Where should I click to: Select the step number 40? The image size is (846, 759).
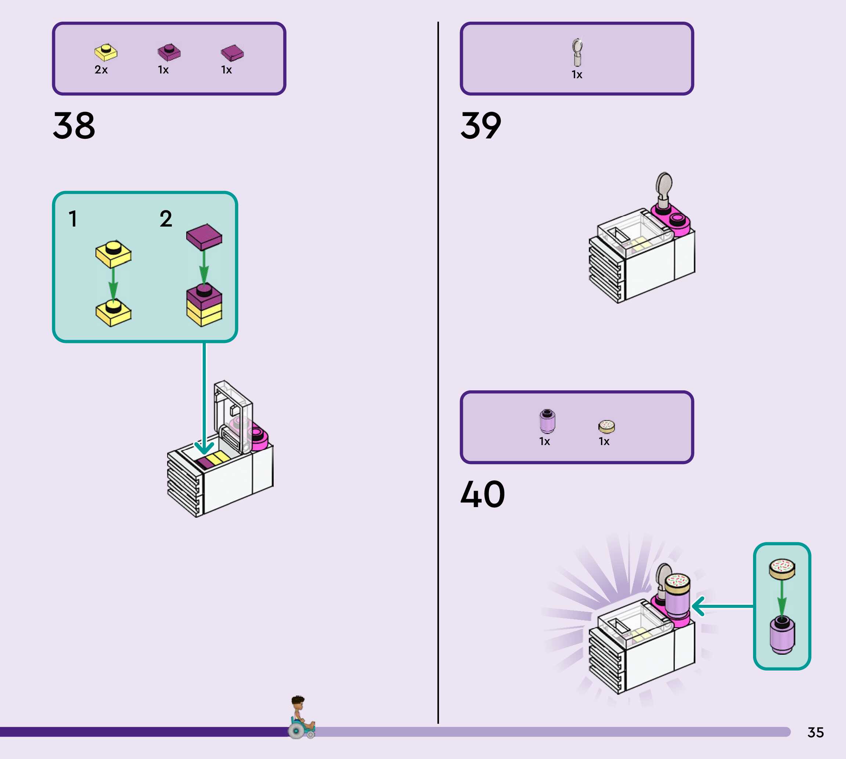pyautogui.click(x=482, y=494)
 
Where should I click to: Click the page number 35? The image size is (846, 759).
pyautogui.click(x=816, y=732)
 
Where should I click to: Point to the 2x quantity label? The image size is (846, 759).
pyautogui.click(x=101, y=70)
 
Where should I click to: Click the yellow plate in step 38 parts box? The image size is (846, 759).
pyautogui.click(x=105, y=52)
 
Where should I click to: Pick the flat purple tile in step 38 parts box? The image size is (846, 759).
pyautogui.click(x=232, y=53)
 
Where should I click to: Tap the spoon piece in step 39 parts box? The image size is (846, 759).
pyautogui.click(x=577, y=53)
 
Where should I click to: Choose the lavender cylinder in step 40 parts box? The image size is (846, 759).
pyautogui.click(x=547, y=421)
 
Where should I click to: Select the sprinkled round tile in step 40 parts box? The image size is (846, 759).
pyautogui.click(x=606, y=426)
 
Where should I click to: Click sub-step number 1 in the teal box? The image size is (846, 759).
pyautogui.click(x=73, y=218)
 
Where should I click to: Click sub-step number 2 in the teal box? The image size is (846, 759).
pyautogui.click(x=166, y=218)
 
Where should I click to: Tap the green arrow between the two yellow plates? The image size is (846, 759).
pyautogui.click(x=113, y=283)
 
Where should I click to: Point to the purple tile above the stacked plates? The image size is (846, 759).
pyautogui.click(x=204, y=237)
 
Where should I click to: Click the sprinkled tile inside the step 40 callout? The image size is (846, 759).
pyautogui.click(x=782, y=569)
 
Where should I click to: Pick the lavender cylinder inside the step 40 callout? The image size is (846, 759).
pyautogui.click(x=782, y=635)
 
